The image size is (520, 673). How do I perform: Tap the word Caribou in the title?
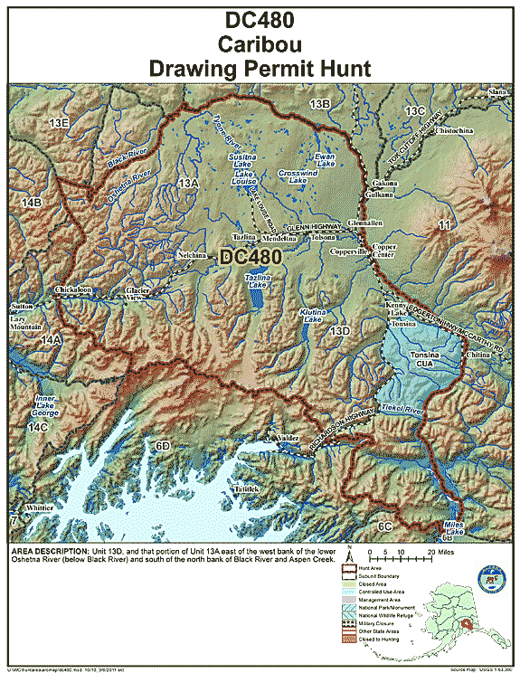coord(260,43)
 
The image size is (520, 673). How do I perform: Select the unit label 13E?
coord(60,122)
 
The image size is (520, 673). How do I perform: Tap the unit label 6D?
coord(163,446)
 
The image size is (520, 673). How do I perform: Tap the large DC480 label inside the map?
coord(251,258)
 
